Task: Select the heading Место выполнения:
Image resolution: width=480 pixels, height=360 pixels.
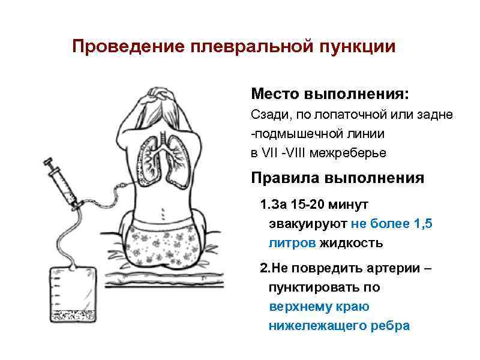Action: (331, 95)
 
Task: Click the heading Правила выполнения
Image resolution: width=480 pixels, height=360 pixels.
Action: (337, 179)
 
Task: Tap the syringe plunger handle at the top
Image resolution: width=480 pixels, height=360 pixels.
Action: (47, 161)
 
